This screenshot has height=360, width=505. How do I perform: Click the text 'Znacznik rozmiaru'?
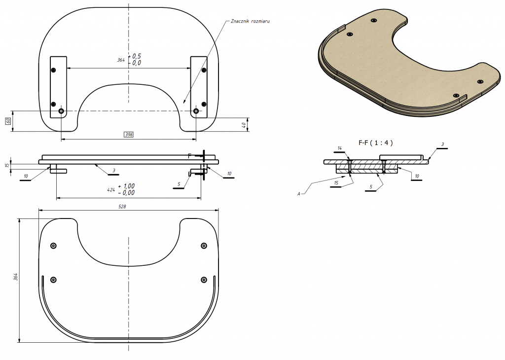pyautogui.click(x=250, y=22)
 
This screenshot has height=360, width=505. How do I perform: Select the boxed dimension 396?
pyautogui.click(x=128, y=134)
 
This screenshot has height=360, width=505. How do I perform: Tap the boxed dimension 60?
pyautogui.click(x=8, y=121)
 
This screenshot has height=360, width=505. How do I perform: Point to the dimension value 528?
pyautogui.click(x=122, y=207)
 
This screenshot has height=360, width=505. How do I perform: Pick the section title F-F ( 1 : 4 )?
pyautogui.click(x=376, y=143)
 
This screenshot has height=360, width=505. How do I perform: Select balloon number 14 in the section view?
pyautogui.click(x=340, y=148)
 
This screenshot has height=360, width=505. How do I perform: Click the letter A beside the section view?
pyautogui.click(x=299, y=194)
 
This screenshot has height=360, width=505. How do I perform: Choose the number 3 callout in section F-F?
pyautogui.click(x=443, y=144)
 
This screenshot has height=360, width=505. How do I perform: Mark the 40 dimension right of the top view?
pyautogui.click(x=244, y=125)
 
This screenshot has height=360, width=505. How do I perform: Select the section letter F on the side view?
pyautogui.click(x=190, y=155)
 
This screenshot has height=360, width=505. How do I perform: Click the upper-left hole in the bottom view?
pyautogui.click(x=54, y=246)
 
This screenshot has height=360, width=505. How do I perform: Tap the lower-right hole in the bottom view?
pyautogui.click(x=204, y=280)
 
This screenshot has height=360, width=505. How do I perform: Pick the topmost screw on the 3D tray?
pyautogui.click(x=373, y=21)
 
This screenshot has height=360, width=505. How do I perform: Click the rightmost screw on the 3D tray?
pyautogui.click(x=480, y=81)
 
